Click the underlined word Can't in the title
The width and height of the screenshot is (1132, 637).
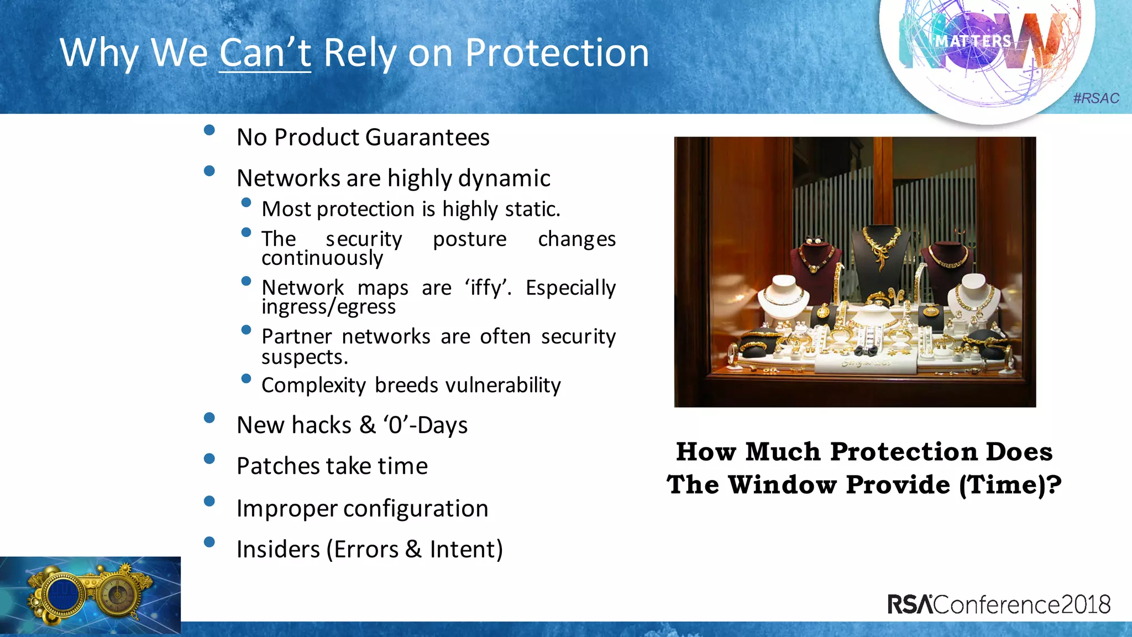click(x=265, y=53)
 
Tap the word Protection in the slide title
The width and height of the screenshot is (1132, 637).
click(x=557, y=53)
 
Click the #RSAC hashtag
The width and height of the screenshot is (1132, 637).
click(x=1096, y=98)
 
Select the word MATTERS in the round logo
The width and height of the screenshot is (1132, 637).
click(x=973, y=41)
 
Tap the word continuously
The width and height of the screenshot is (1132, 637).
click(x=322, y=258)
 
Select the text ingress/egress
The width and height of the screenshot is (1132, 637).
click(x=328, y=306)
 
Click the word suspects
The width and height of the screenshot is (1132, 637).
click(x=304, y=357)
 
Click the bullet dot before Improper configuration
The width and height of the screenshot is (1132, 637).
click(x=209, y=501)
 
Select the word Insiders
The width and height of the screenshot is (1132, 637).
click(x=278, y=549)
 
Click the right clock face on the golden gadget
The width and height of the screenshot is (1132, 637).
click(x=117, y=594)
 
